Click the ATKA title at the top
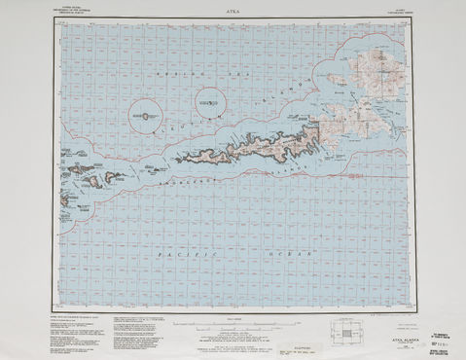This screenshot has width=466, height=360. point(233,12)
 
